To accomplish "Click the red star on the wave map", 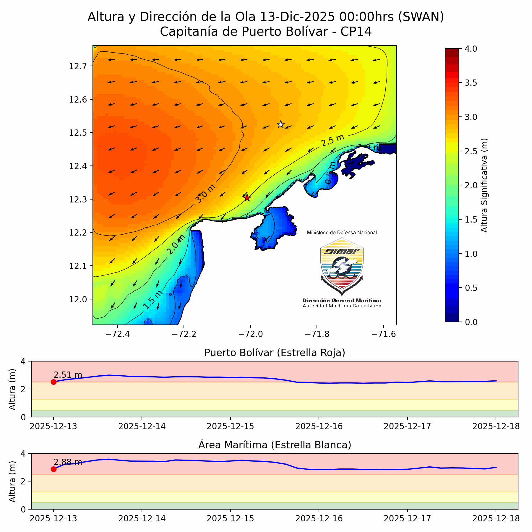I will (x=247, y=198).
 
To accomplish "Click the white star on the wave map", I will (x=281, y=124).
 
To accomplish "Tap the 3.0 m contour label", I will (x=206, y=194).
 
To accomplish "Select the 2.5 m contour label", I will (x=333, y=140).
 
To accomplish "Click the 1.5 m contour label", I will (x=153, y=300).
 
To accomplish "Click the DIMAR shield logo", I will (x=342, y=266).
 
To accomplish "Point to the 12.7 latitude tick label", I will (x=78, y=66).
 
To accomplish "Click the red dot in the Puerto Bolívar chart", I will (x=53, y=382).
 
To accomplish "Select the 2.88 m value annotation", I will (x=68, y=462).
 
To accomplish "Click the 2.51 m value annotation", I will (x=68, y=375).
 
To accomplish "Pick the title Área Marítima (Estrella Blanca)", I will (x=275, y=445).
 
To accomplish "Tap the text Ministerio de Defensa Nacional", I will (x=342, y=233).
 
